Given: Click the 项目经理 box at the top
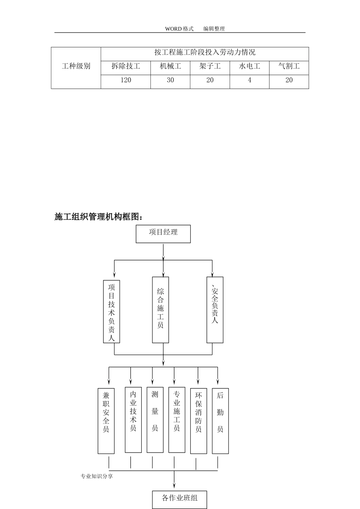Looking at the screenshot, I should tap(163, 234).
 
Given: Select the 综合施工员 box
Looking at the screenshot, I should tap(160, 310).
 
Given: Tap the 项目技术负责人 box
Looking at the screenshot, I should tap(111, 311).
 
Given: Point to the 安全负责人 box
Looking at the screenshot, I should tap(215, 310).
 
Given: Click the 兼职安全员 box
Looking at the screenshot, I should tap(106, 421).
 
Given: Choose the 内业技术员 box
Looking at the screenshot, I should tap(133, 420).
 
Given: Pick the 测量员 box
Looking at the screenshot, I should tap(155, 420).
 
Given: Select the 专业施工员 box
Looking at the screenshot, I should tap(177, 420).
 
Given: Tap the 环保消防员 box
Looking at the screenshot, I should tap(199, 421).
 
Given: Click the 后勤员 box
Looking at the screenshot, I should tap(220, 421).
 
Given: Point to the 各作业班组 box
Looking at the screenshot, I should tap(180, 500).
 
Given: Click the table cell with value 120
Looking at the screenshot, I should tap(126, 80).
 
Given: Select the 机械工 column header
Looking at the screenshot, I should tap(171, 67).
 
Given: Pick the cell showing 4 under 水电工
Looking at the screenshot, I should tap(249, 80).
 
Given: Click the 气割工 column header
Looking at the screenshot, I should tap(289, 67).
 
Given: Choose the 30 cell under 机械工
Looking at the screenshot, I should tap(171, 80).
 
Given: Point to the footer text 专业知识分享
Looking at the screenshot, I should tap(97, 476).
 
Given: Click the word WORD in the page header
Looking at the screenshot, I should tap(173, 29).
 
